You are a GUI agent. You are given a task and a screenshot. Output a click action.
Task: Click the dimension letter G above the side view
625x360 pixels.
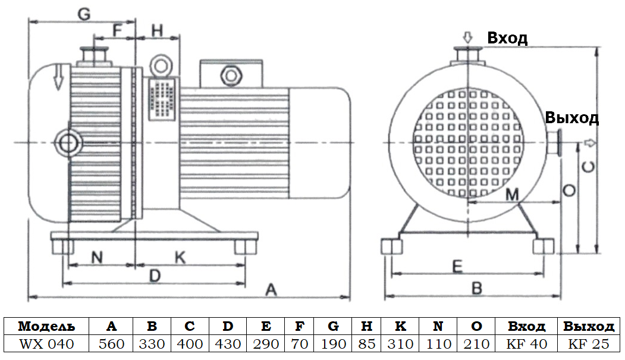tap(84, 14)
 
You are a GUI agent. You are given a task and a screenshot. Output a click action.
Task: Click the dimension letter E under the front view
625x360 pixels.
tap(457, 266)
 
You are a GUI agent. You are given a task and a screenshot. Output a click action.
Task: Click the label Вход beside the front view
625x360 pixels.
tap(507, 39)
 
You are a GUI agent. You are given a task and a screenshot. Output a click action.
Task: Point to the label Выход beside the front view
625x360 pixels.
tap(571, 118)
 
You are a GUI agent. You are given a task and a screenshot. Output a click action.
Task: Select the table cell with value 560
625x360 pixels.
tap(111, 344)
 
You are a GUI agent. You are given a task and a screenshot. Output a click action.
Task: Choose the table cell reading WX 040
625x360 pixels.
tap(46, 344)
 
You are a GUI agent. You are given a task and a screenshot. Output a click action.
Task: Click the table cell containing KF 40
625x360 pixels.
tap(526, 344)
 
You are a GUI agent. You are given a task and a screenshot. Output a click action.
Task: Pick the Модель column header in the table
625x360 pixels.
tap(46, 327)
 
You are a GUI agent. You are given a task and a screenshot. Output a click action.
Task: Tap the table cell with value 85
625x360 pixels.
tap(366, 344)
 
